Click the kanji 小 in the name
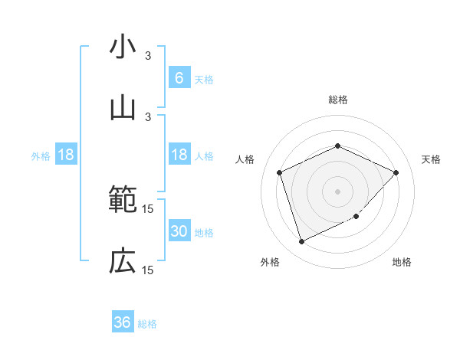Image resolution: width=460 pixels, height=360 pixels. click(x=123, y=47)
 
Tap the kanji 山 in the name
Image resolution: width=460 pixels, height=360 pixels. click(x=123, y=106)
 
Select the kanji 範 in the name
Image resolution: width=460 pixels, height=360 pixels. click(x=123, y=201)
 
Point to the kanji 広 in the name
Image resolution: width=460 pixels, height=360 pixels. click(x=123, y=261)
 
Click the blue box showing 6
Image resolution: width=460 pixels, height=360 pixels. click(x=179, y=77)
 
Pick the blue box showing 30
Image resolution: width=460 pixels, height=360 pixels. click(x=179, y=231)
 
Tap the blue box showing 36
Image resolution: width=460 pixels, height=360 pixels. click(x=123, y=322)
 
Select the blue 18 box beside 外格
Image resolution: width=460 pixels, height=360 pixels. click(x=66, y=155)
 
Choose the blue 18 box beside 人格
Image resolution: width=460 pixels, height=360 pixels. click(x=179, y=155)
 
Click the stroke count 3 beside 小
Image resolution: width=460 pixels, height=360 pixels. click(x=148, y=56)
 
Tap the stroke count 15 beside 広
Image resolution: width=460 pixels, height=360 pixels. click(x=148, y=270)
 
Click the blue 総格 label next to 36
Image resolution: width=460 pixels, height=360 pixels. click(x=147, y=324)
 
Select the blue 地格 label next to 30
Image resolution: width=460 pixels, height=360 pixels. click(x=204, y=233)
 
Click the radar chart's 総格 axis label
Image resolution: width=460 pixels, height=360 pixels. click(x=337, y=100)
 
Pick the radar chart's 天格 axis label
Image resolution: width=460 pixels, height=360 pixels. click(x=432, y=159)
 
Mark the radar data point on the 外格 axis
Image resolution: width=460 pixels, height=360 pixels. click(x=301, y=242)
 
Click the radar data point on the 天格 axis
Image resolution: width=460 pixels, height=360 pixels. click(x=396, y=172)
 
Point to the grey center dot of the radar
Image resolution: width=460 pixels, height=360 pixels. click(x=337, y=191)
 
